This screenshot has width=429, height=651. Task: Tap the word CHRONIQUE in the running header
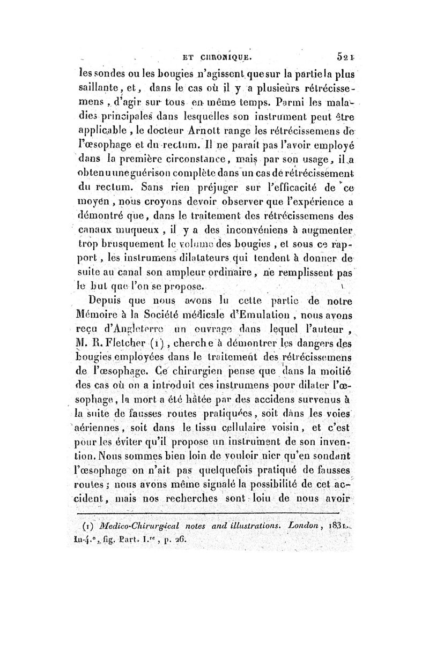(220, 54)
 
